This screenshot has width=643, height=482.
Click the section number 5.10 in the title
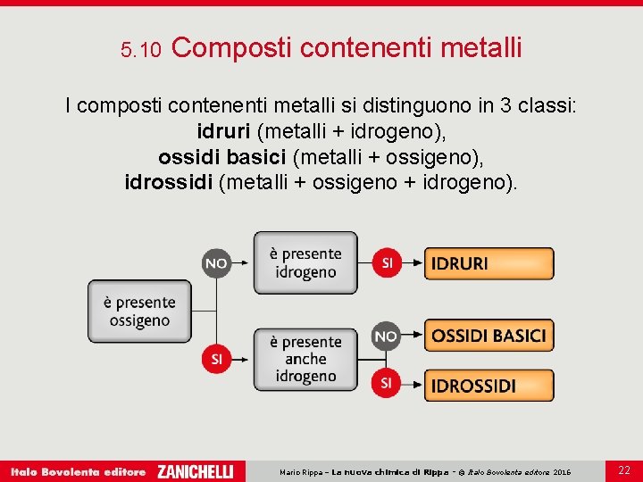point(140,51)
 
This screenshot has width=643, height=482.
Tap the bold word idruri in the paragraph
point(224,132)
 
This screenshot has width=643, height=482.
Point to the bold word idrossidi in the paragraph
point(169,183)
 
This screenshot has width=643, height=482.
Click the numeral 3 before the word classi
point(506,106)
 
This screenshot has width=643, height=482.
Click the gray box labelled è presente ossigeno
point(133,312)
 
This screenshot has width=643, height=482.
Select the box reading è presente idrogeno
point(305,263)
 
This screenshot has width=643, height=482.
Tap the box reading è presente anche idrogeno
point(305,359)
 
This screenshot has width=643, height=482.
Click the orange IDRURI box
point(489,263)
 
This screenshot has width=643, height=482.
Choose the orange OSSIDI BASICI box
point(489,336)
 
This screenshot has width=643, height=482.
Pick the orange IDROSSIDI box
point(489,386)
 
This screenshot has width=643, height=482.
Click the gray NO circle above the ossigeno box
point(215,263)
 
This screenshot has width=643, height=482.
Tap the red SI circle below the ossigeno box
point(215,359)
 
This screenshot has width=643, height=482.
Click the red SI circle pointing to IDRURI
point(386,263)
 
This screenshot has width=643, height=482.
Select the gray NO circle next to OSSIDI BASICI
point(386,337)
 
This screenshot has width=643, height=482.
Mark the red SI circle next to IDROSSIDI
point(386,382)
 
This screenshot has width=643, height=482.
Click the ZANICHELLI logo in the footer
point(195,471)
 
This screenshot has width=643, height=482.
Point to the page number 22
point(623,470)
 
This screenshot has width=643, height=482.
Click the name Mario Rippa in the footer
point(302,472)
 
